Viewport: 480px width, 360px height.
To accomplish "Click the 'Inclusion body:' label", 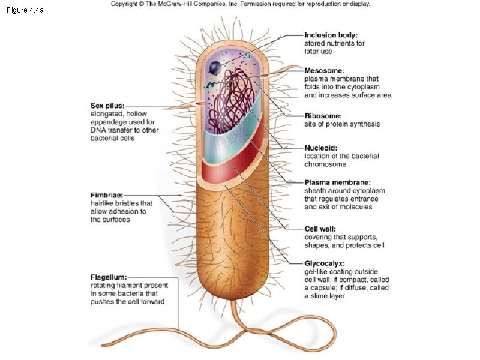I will [331, 35].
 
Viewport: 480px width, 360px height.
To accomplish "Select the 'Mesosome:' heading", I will [325, 70].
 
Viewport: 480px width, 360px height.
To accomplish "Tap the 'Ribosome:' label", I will [323, 116].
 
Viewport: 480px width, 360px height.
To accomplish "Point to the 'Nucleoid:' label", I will [321, 148].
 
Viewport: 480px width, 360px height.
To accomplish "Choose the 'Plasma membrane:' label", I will [337, 182].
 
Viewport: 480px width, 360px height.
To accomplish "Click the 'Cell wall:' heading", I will [320, 229].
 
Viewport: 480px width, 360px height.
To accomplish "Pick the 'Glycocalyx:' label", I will [325, 263].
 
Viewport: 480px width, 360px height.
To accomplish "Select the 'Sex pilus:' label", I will [107, 105].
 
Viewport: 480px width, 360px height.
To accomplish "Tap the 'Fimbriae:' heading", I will [107, 195].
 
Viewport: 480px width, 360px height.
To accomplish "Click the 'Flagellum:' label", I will [109, 277].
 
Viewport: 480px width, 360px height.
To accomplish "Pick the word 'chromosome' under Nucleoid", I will [325, 164].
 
